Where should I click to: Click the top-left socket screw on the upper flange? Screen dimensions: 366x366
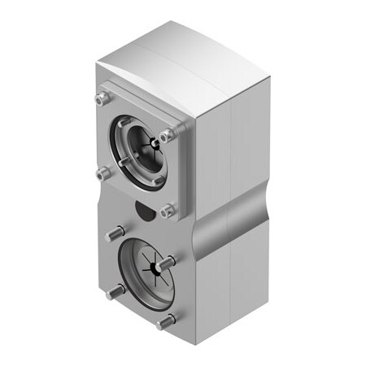(x=101, y=98)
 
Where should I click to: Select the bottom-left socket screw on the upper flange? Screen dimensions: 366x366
(x=102, y=172)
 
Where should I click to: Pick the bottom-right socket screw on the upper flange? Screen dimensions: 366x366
(x=167, y=210)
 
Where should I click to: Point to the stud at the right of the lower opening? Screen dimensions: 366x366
(x=168, y=264)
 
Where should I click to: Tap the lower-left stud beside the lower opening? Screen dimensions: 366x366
(x=114, y=291)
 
